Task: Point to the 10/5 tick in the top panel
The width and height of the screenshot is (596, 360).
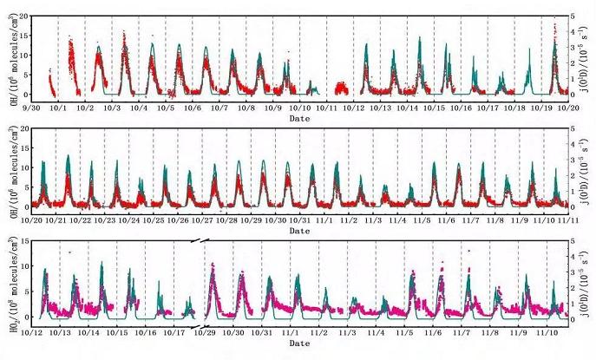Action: (x=166, y=108)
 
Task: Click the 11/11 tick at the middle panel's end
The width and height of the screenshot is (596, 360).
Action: (x=569, y=220)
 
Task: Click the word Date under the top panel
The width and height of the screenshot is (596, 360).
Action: (x=299, y=118)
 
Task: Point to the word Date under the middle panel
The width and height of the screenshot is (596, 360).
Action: (x=299, y=231)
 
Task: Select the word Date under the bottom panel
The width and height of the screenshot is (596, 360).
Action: (x=299, y=344)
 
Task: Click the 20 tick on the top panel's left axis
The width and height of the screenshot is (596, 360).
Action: (x=23, y=16)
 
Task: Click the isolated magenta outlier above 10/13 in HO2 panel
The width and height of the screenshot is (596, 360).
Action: (x=69, y=252)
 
